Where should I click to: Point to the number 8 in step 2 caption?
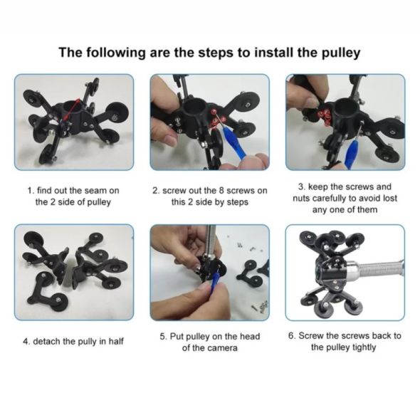[x=221, y=191]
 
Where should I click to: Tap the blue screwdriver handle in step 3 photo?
[x=351, y=154]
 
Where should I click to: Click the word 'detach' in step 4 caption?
[x=47, y=341]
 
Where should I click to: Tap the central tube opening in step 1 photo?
[x=70, y=107]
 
